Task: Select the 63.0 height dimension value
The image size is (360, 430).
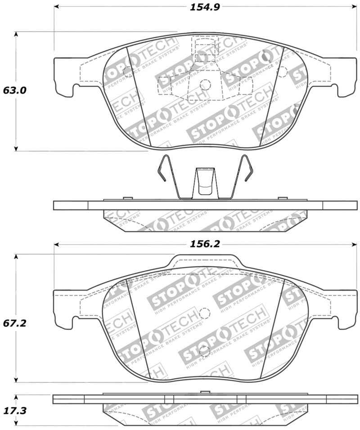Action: coord(14,90)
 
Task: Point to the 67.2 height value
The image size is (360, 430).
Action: coord(14,323)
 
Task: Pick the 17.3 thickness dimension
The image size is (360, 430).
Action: coord(14,409)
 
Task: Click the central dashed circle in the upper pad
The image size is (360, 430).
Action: coord(205,84)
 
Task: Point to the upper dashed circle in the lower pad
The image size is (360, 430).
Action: coord(205,313)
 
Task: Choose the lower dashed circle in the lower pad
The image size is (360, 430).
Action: coord(205,350)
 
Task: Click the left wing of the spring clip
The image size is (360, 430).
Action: coord(163,169)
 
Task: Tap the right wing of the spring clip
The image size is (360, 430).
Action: coord(246,169)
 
